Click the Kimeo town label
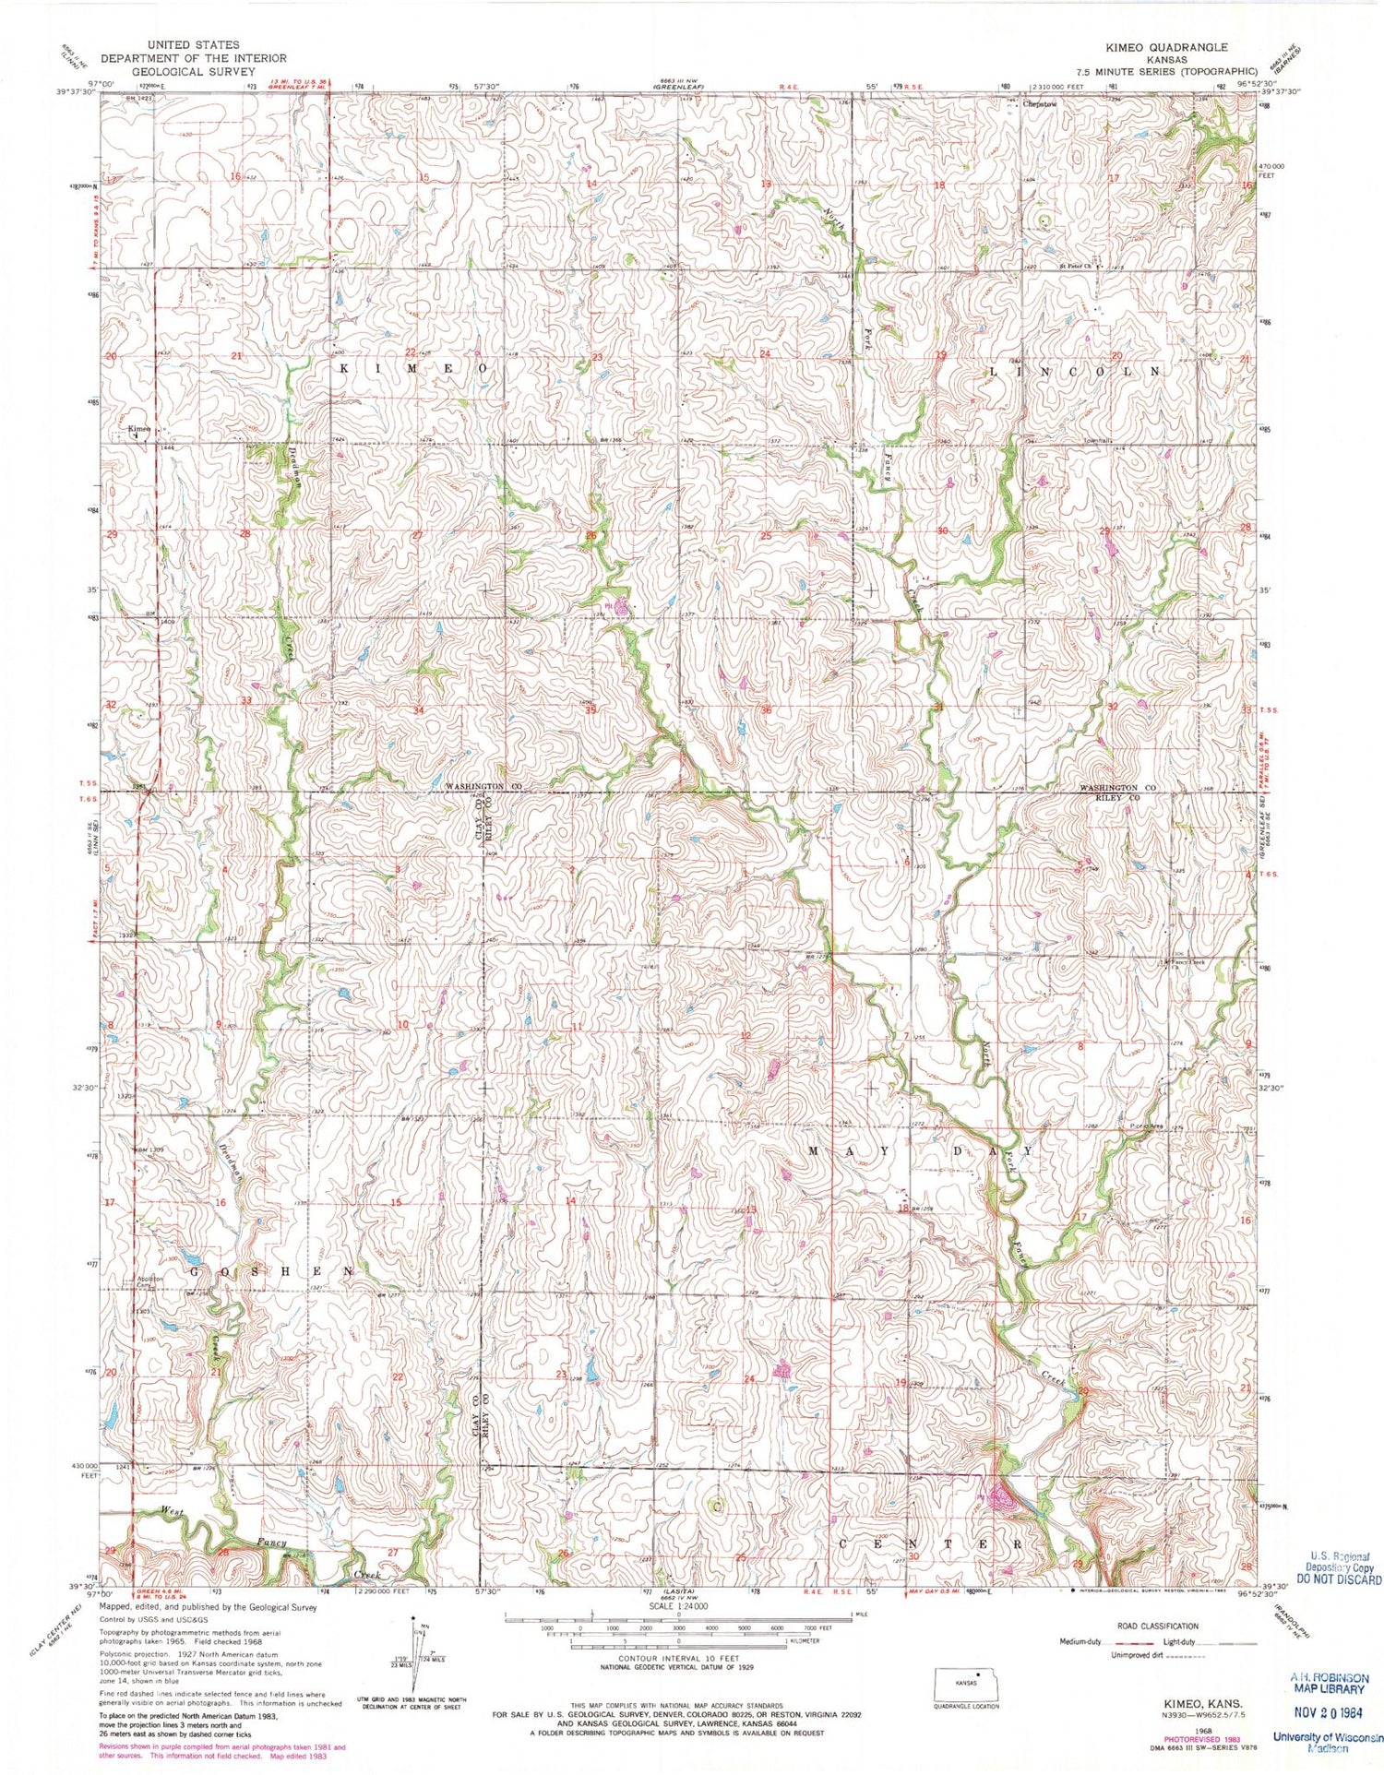[x=139, y=429]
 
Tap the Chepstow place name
[x=1039, y=104]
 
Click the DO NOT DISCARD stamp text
[x=1338, y=1604]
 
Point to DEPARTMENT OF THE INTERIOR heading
[x=194, y=57]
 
